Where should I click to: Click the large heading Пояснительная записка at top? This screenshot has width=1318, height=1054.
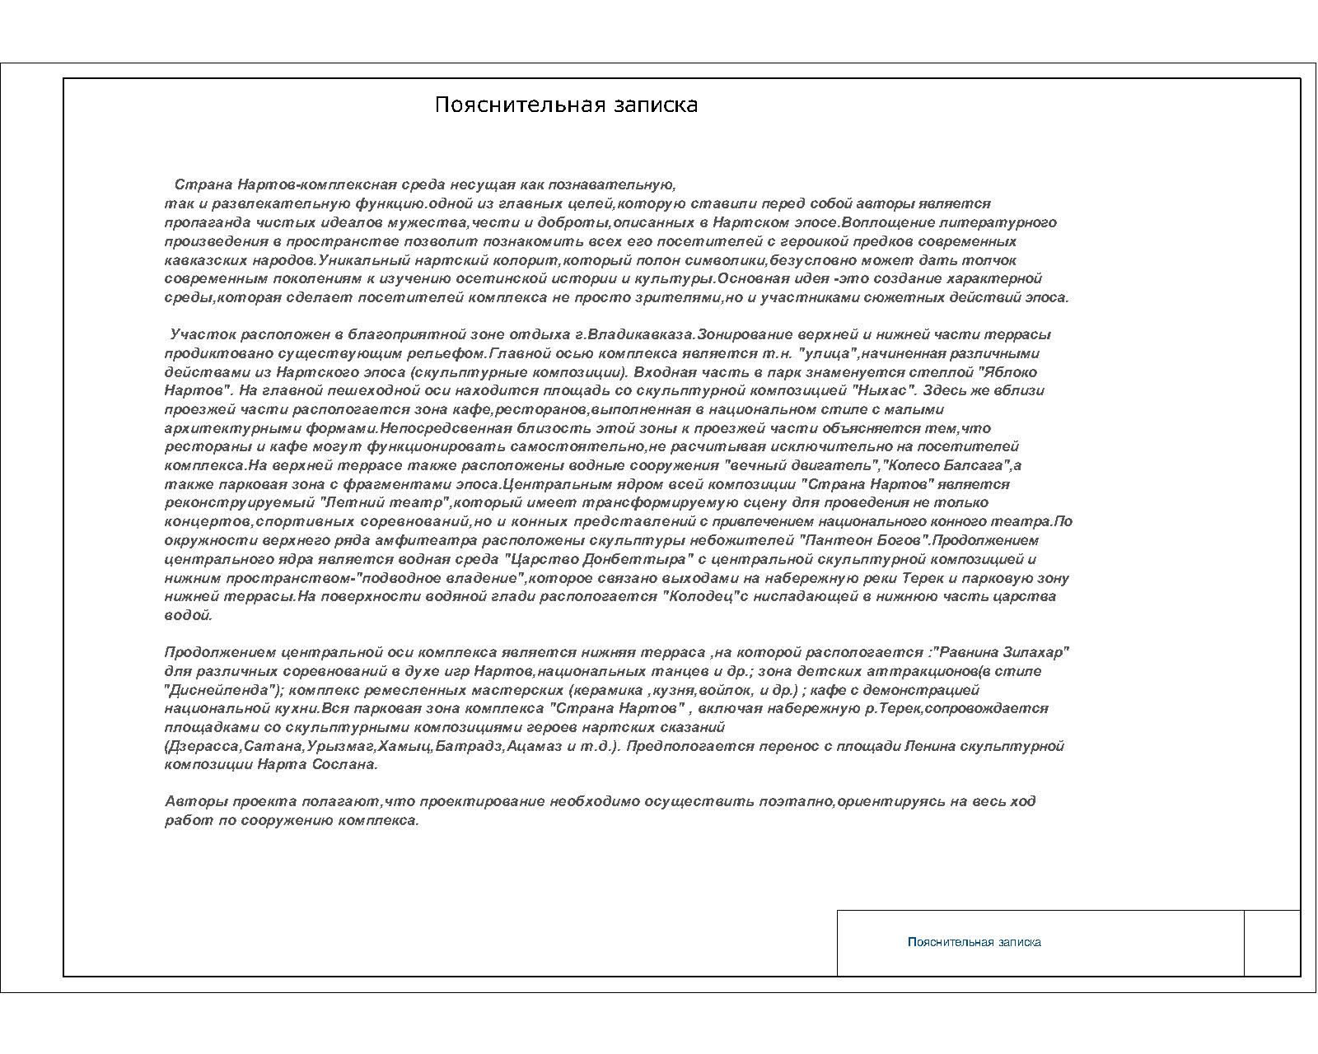pos(566,105)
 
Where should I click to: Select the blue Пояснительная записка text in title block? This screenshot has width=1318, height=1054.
pos(974,942)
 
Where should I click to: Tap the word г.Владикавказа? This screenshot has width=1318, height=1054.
pos(635,334)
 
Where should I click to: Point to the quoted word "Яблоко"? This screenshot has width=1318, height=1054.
pos(1012,372)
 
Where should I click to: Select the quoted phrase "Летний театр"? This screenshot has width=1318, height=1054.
pos(385,502)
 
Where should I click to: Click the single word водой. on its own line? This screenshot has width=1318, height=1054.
pos(189,615)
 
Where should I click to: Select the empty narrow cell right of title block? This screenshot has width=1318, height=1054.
pos(1272,943)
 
